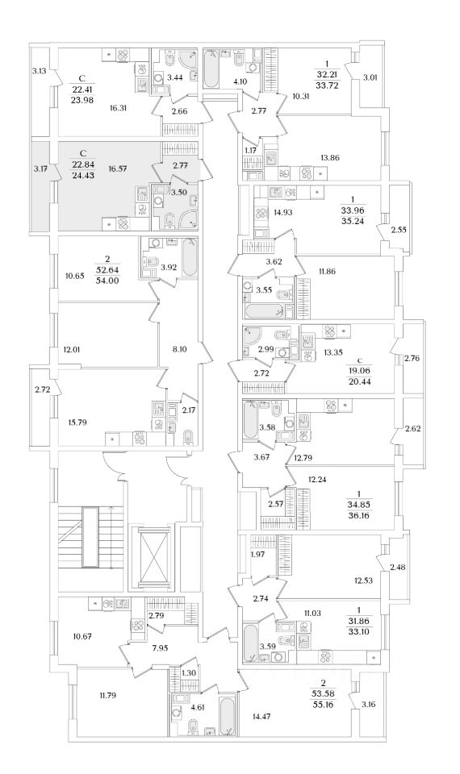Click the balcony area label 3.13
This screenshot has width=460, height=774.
pyautogui.click(x=39, y=71)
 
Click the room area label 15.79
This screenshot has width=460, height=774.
pyautogui.click(x=77, y=422)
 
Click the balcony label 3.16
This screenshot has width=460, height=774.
pyautogui.click(x=369, y=705)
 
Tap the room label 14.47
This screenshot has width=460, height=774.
pyautogui.click(x=261, y=716)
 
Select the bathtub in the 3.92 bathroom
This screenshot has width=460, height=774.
pyautogui.click(x=190, y=257)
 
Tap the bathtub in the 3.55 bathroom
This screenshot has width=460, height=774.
pyautogui.click(x=264, y=312)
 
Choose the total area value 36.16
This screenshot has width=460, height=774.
pyautogui.click(x=358, y=515)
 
